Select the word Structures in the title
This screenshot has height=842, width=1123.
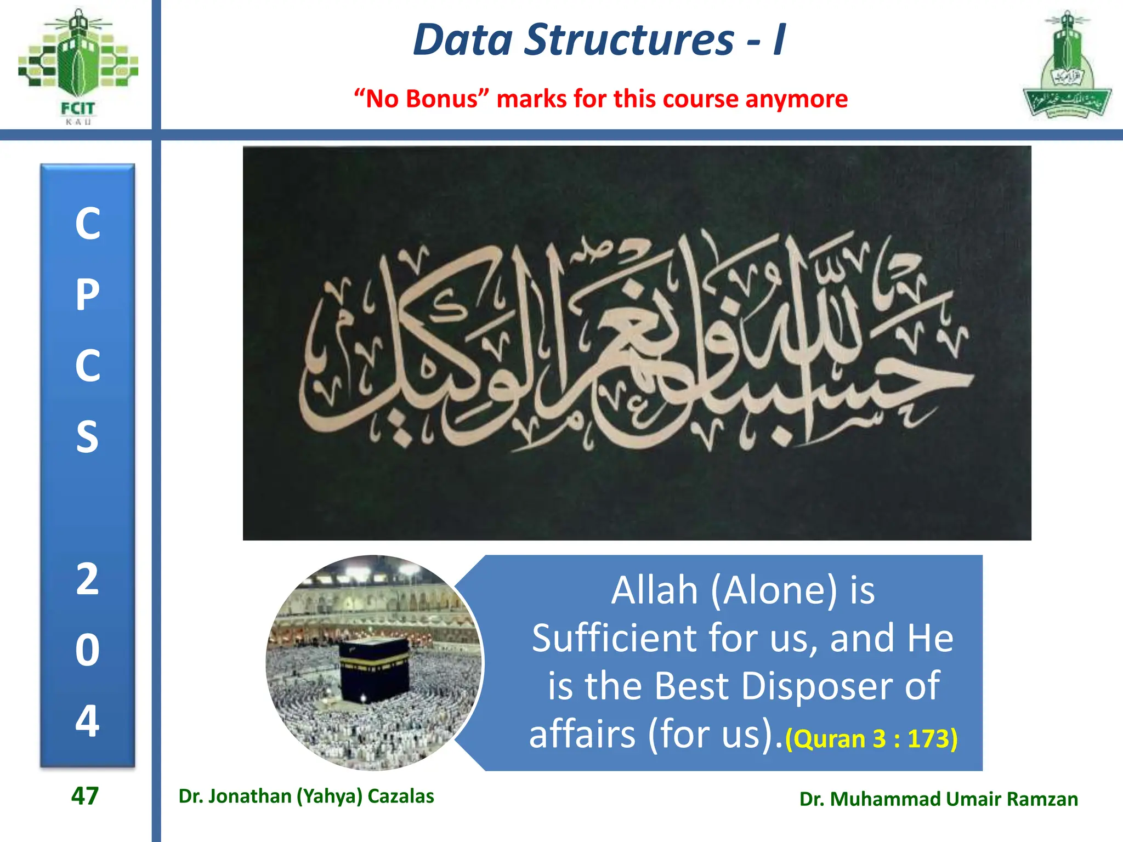tap(629, 40)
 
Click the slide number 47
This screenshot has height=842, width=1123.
tap(85, 796)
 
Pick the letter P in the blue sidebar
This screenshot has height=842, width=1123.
tap(88, 294)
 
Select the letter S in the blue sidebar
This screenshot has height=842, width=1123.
tap(88, 437)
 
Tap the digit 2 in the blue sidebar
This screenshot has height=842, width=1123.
tap(88, 579)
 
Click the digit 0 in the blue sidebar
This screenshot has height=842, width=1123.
tap(88, 650)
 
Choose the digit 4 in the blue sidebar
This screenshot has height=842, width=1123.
tap(88, 721)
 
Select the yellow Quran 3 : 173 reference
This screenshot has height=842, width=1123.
tap(871, 738)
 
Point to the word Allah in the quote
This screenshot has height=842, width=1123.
tap(655, 590)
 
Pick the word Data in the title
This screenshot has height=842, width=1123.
tap(463, 40)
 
